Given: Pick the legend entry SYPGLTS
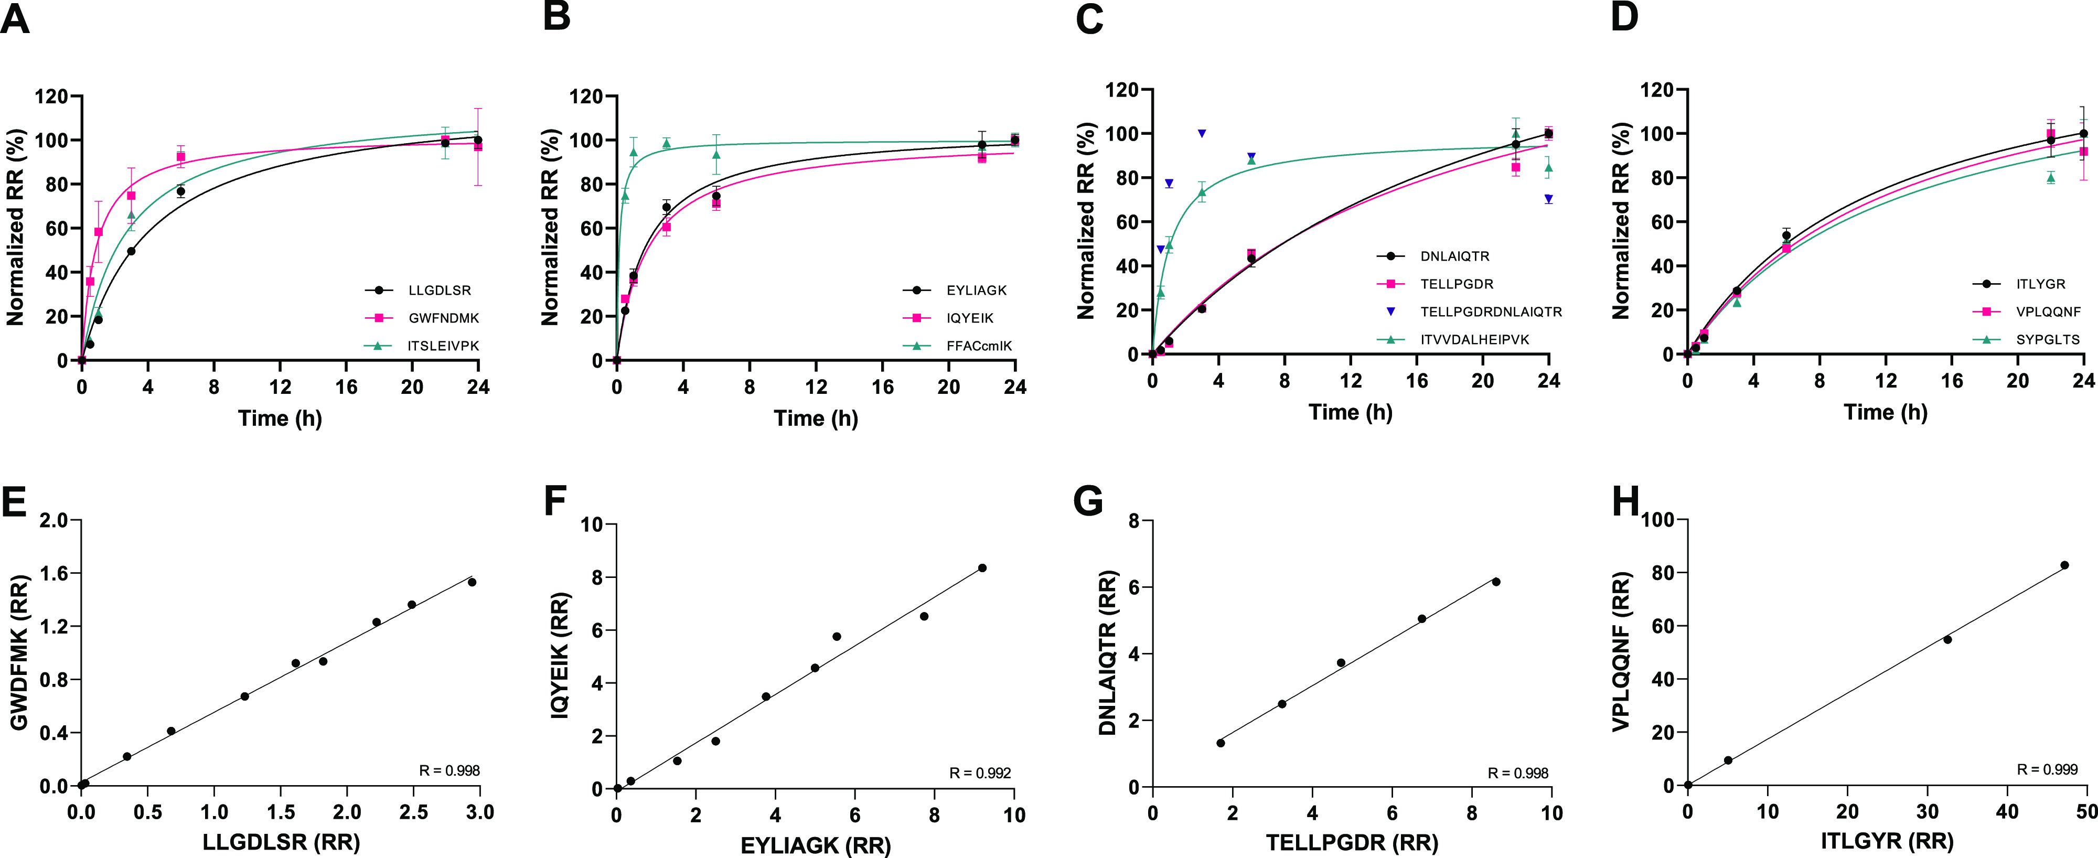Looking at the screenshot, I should (x=2048, y=339).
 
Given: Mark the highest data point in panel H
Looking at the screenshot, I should (x=2064, y=565).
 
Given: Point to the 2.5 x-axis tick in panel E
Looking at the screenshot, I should (x=414, y=812).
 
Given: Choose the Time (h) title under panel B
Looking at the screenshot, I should (x=815, y=419).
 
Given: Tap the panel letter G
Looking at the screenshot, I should (x=1088, y=502).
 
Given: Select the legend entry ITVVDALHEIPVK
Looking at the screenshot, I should (x=1474, y=339).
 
